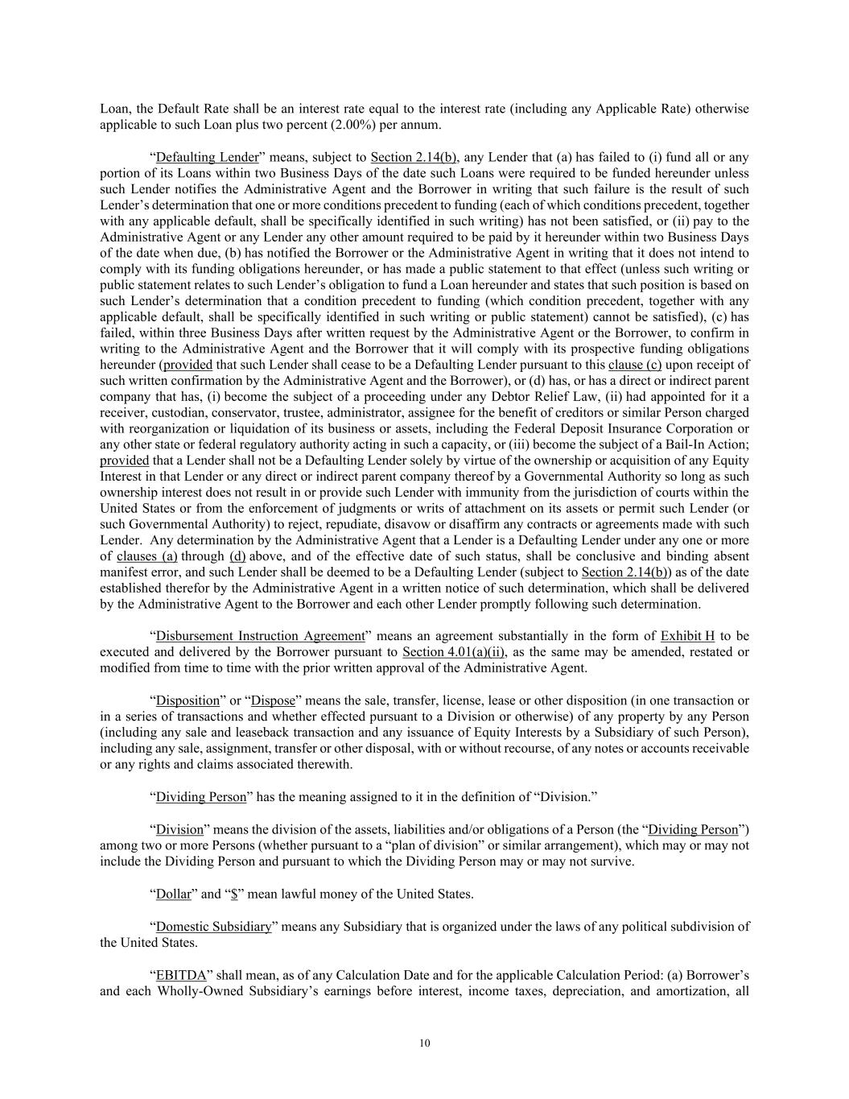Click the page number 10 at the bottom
[425, 1043]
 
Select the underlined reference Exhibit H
[687, 636]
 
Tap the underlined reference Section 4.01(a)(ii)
[454, 652]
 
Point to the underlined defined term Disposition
[188, 700]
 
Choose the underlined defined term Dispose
[273, 700]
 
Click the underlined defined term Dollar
[173, 894]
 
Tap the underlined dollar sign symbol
[233, 894]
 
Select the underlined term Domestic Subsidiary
[213, 926]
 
